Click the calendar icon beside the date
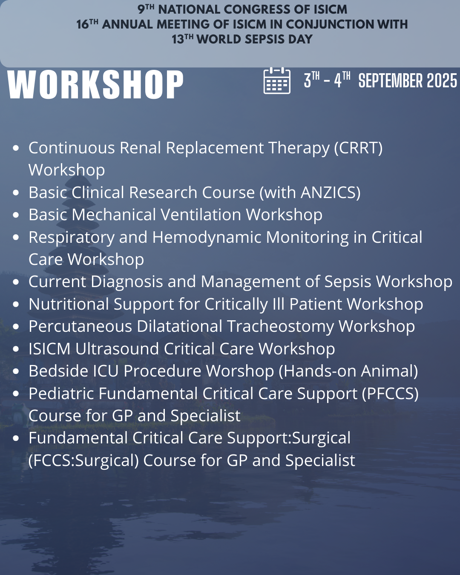point(277,80)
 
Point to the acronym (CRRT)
point(358,148)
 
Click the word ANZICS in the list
point(331,193)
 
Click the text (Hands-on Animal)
point(348,371)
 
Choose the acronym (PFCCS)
point(390,394)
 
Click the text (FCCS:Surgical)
point(83,460)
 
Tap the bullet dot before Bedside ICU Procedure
point(16,371)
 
